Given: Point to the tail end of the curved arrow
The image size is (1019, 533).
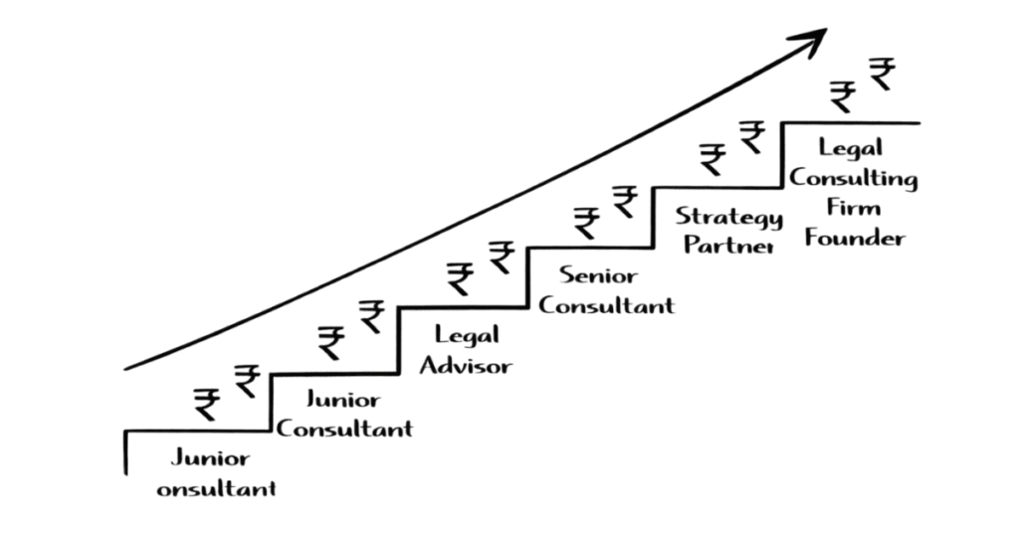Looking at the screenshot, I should pos(127,369).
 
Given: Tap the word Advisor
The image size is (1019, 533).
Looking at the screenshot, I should pos(466,365).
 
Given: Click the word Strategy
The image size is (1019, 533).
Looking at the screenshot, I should pos(729,217).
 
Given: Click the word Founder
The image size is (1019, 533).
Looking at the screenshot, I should pos(855,238).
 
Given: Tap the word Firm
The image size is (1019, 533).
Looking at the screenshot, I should pos(854,208).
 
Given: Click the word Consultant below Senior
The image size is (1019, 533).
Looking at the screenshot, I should pos(606,304).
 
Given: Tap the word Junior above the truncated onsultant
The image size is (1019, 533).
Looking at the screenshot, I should pos(210,458).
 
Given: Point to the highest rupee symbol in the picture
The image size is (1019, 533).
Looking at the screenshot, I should pos(881,73).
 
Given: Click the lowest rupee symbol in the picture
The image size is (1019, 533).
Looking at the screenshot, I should pos(207,404).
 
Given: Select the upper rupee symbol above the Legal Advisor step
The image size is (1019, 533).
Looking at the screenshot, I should pos(501,257).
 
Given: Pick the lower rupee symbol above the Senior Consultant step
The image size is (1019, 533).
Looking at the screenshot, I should pos(587,223).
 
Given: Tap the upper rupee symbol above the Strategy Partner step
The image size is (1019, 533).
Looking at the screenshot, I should pos(752,135).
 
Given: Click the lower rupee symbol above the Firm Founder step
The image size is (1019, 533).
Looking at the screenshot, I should pos(843,95).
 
